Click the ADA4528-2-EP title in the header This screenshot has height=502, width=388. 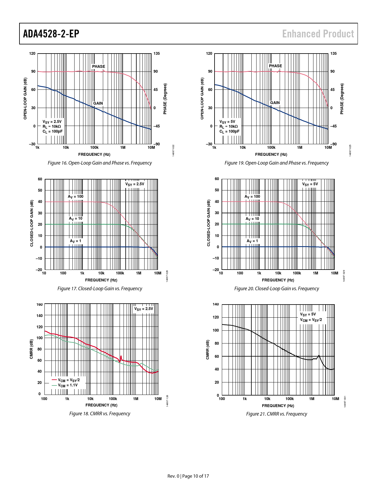51,34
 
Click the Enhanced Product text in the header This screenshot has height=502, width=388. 318,34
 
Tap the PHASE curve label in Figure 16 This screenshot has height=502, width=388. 99,66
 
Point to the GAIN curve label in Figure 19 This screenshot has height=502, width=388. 275,103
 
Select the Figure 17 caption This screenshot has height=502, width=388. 100,288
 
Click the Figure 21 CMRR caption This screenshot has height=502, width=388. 276,414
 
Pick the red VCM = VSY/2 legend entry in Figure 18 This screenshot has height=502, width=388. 66,380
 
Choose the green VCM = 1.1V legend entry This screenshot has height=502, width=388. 65,385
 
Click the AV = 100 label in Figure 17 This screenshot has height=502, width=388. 75,197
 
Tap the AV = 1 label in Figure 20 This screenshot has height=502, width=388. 252,241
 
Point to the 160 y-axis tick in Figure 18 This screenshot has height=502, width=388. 40,305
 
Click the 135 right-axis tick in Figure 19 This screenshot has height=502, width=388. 334,54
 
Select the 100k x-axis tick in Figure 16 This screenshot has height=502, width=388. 94,148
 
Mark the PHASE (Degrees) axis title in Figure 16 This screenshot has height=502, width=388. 165,99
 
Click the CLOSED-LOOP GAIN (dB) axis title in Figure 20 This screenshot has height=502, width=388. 208,223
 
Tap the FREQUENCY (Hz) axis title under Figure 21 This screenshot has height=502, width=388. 278,406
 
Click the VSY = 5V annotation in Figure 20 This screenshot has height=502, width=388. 310,184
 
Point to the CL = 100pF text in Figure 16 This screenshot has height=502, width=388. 53,131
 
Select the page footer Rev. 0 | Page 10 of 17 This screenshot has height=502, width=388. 188,476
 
